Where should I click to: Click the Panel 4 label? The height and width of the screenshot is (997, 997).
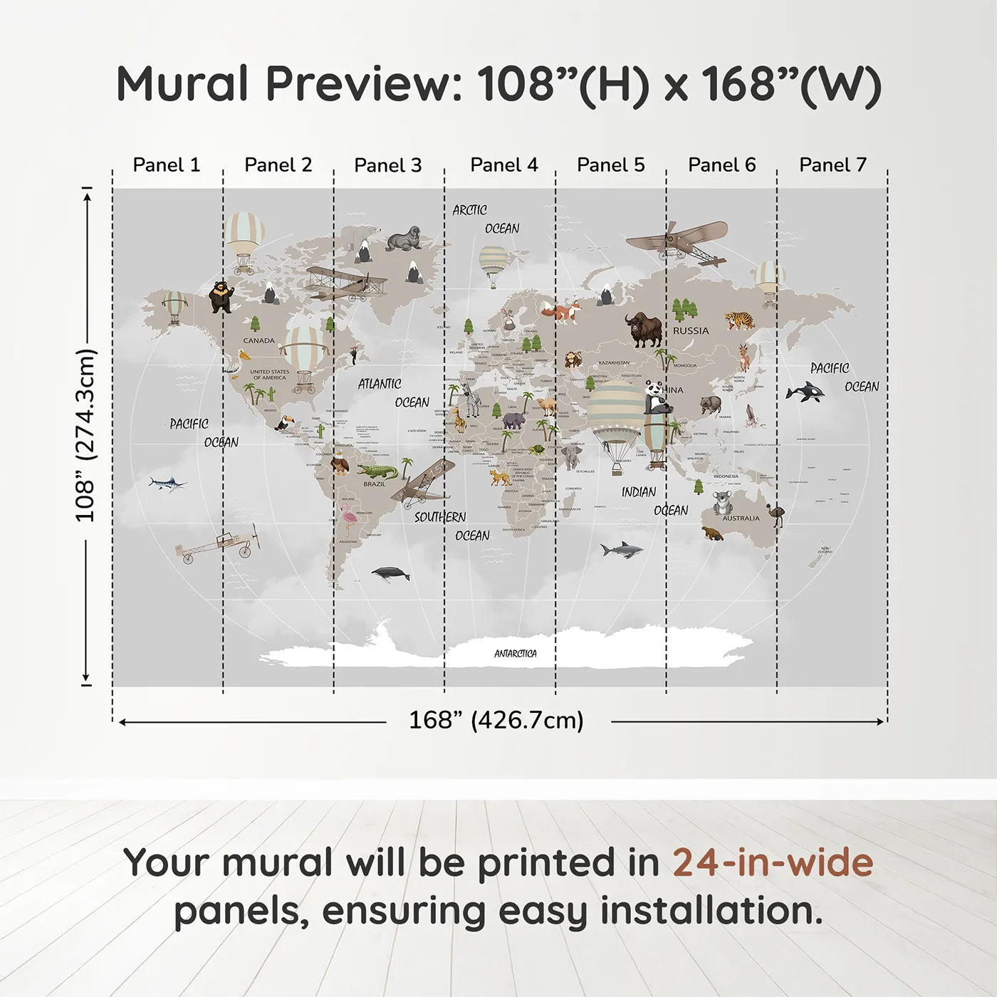click(x=503, y=165)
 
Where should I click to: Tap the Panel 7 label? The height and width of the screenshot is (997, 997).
click(x=832, y=165)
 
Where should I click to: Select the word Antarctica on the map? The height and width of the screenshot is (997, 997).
click(x=516, y=654)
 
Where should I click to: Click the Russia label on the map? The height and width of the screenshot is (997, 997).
click(x=691, y=330)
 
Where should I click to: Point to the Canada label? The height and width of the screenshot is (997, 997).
click(x=259, y=340)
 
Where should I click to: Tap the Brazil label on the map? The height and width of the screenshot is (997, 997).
click(x=374, y=484)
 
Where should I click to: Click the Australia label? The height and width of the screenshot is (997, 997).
click(x=741, y=518)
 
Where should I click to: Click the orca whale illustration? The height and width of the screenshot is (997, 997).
click(x=805, y=392)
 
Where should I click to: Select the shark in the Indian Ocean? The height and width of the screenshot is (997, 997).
click(x=621, y=549)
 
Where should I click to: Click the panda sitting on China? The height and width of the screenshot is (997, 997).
click(x=657, y=397)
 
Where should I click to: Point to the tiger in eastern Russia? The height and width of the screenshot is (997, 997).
click(x=739, y=320)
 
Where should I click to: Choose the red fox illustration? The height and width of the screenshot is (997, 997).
click(x=563, y=312)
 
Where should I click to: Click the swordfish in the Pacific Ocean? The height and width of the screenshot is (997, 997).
click(x=168, y=484)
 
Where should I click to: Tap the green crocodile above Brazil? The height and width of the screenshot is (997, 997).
click(x=377, y=471)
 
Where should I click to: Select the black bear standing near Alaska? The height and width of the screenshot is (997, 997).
click(x=221, y=296)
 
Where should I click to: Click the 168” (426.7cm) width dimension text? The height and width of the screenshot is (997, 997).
click(x=496, y=720)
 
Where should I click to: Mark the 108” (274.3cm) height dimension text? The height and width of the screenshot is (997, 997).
click(x=85, y=435)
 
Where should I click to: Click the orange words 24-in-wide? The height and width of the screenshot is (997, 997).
click(x=772, y=863)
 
